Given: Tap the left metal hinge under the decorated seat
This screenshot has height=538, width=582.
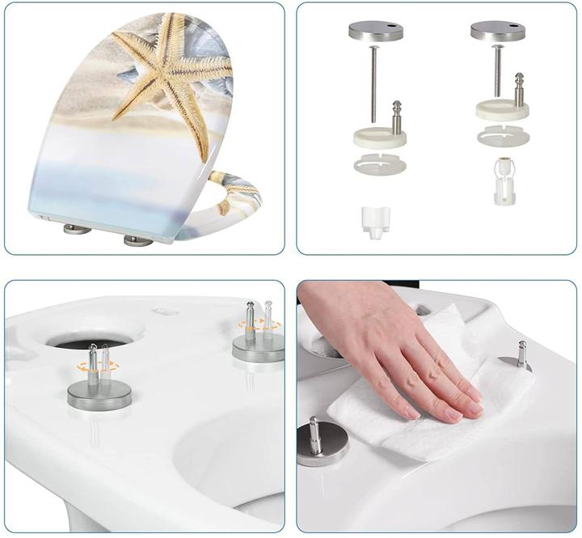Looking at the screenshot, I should (78, 229).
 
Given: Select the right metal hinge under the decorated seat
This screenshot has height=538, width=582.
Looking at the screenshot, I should (137, 240).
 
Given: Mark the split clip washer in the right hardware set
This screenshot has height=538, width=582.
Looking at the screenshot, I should (502, 135).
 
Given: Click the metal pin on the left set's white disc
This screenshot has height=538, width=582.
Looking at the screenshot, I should (397, 116).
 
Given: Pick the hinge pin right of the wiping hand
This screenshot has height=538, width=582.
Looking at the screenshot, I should (521, 353).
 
